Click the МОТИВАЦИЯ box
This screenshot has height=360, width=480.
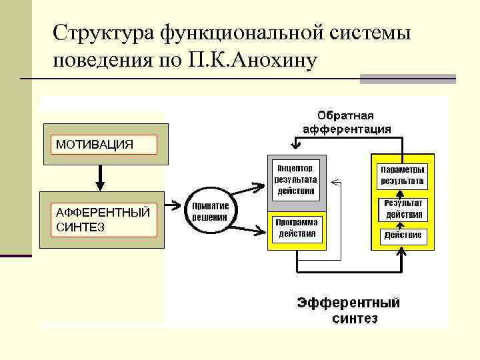pos(104,145)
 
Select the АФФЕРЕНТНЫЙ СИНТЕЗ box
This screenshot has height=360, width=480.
pos(104,220)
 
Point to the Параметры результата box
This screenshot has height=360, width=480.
pos(402,175)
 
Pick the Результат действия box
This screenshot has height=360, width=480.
pos(402,209)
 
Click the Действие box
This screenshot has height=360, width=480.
pos(402,235)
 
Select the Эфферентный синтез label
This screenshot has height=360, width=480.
pos(349,310)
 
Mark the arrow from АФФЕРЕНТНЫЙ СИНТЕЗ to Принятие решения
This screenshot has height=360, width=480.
pos(175,205)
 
